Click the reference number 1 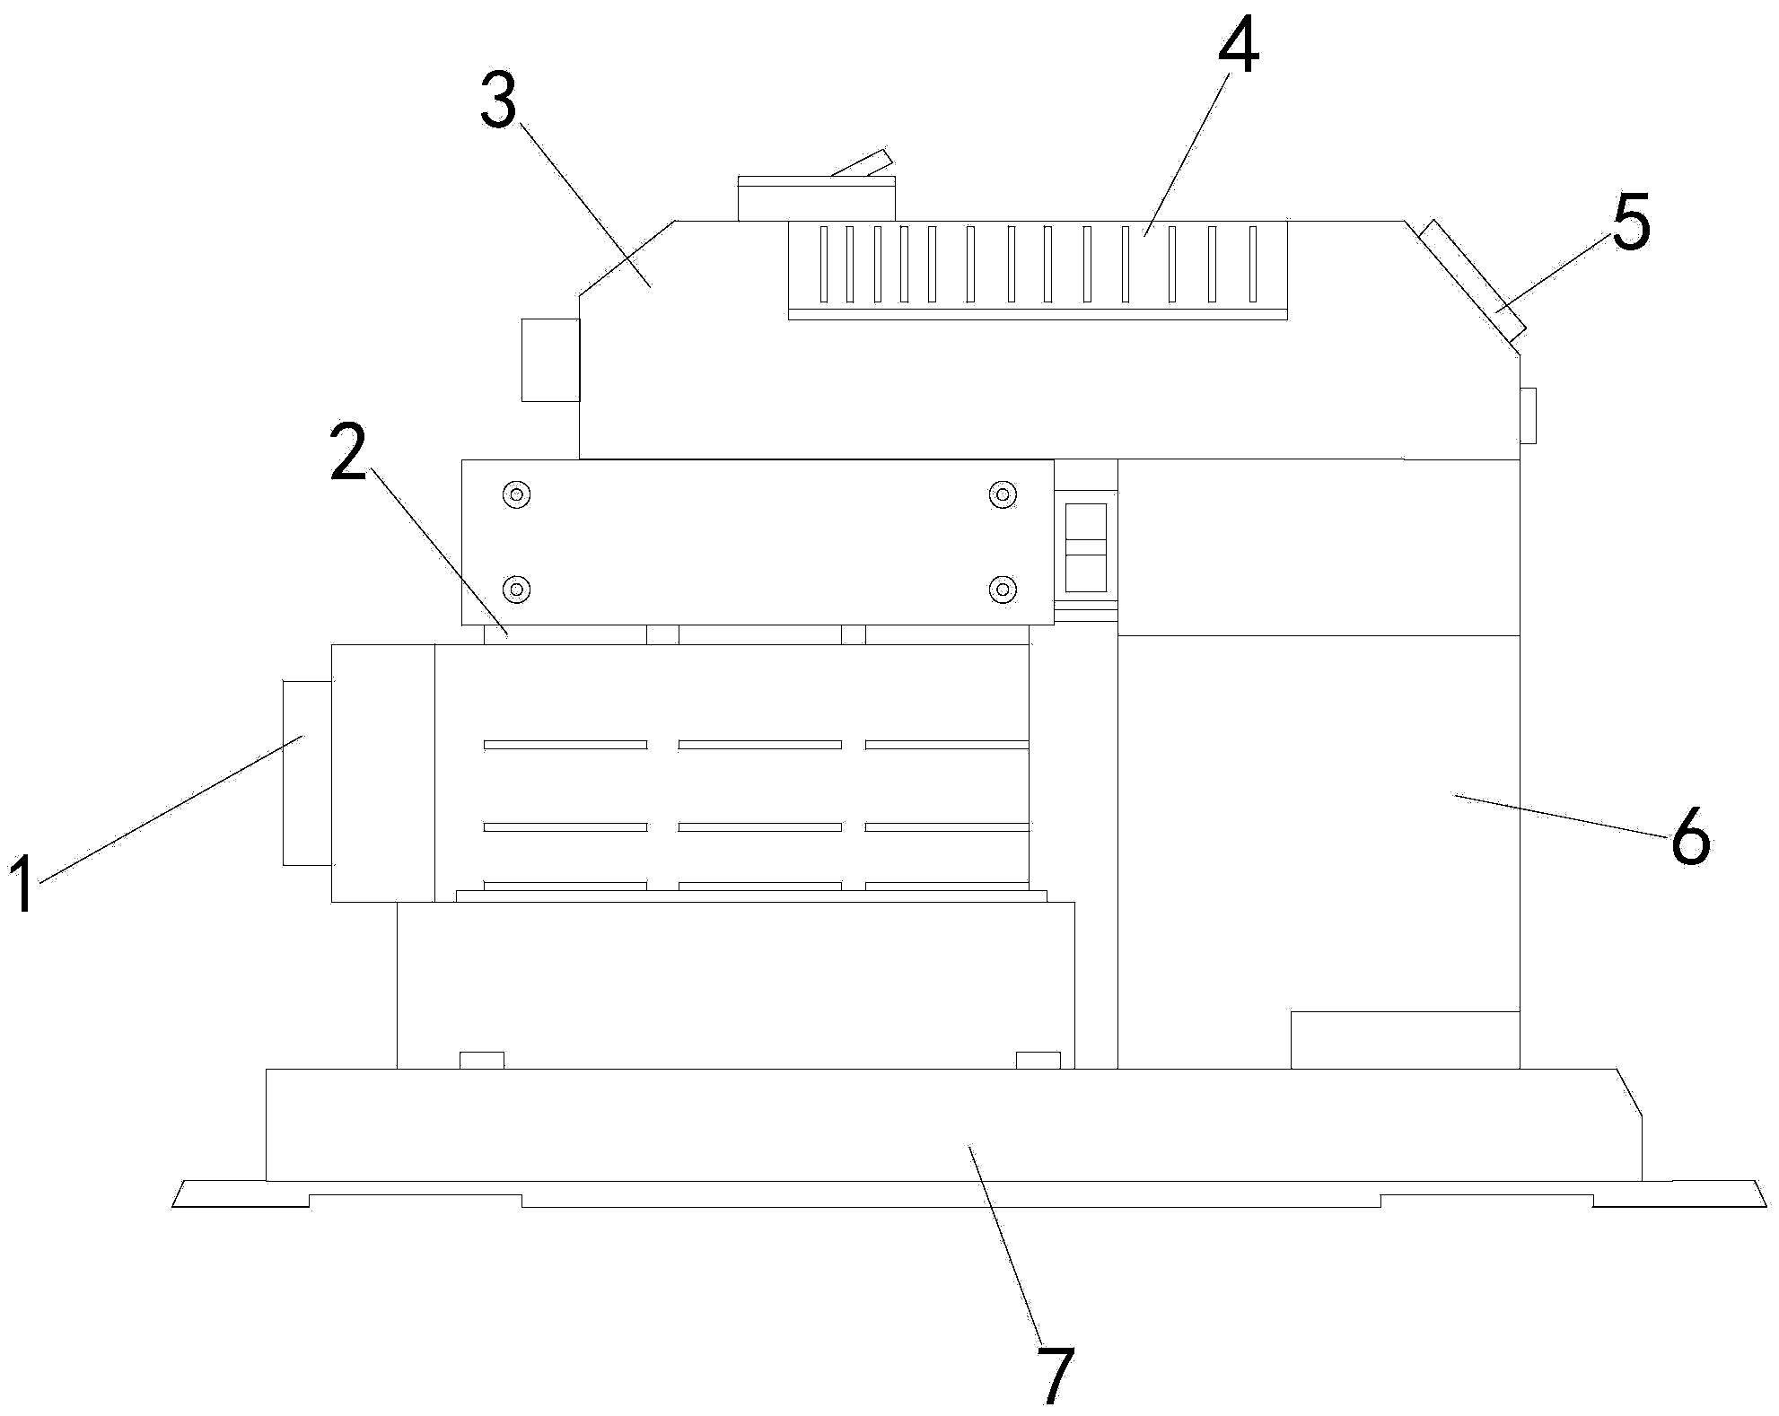coord(23,883)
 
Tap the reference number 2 coord(349,451)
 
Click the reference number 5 coord(1631,222)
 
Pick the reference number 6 coord(1690,835)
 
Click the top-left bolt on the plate coord(517,494)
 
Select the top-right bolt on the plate coord(1003,494)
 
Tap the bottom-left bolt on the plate coord(517,590)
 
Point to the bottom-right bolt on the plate coord(1003,590)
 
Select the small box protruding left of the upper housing coord(551,360)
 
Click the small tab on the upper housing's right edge coord(1528,415)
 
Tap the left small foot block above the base coord(482,1060)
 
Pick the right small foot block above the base coord(1038,1060)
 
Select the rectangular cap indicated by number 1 coord(308,773)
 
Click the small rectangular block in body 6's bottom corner coord(1406,1040)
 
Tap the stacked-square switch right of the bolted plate coord(1085,547)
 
